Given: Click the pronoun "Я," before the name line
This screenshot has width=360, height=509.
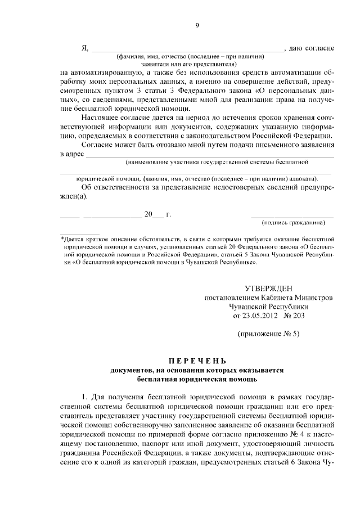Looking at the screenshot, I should [85, 47].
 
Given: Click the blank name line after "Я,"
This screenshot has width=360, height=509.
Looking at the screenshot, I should [188, 51].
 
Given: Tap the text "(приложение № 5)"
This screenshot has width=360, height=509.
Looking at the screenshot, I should [269, 334].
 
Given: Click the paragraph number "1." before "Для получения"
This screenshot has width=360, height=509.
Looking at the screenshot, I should [85, 399].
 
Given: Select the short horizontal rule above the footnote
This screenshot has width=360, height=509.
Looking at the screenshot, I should [80, 233].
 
